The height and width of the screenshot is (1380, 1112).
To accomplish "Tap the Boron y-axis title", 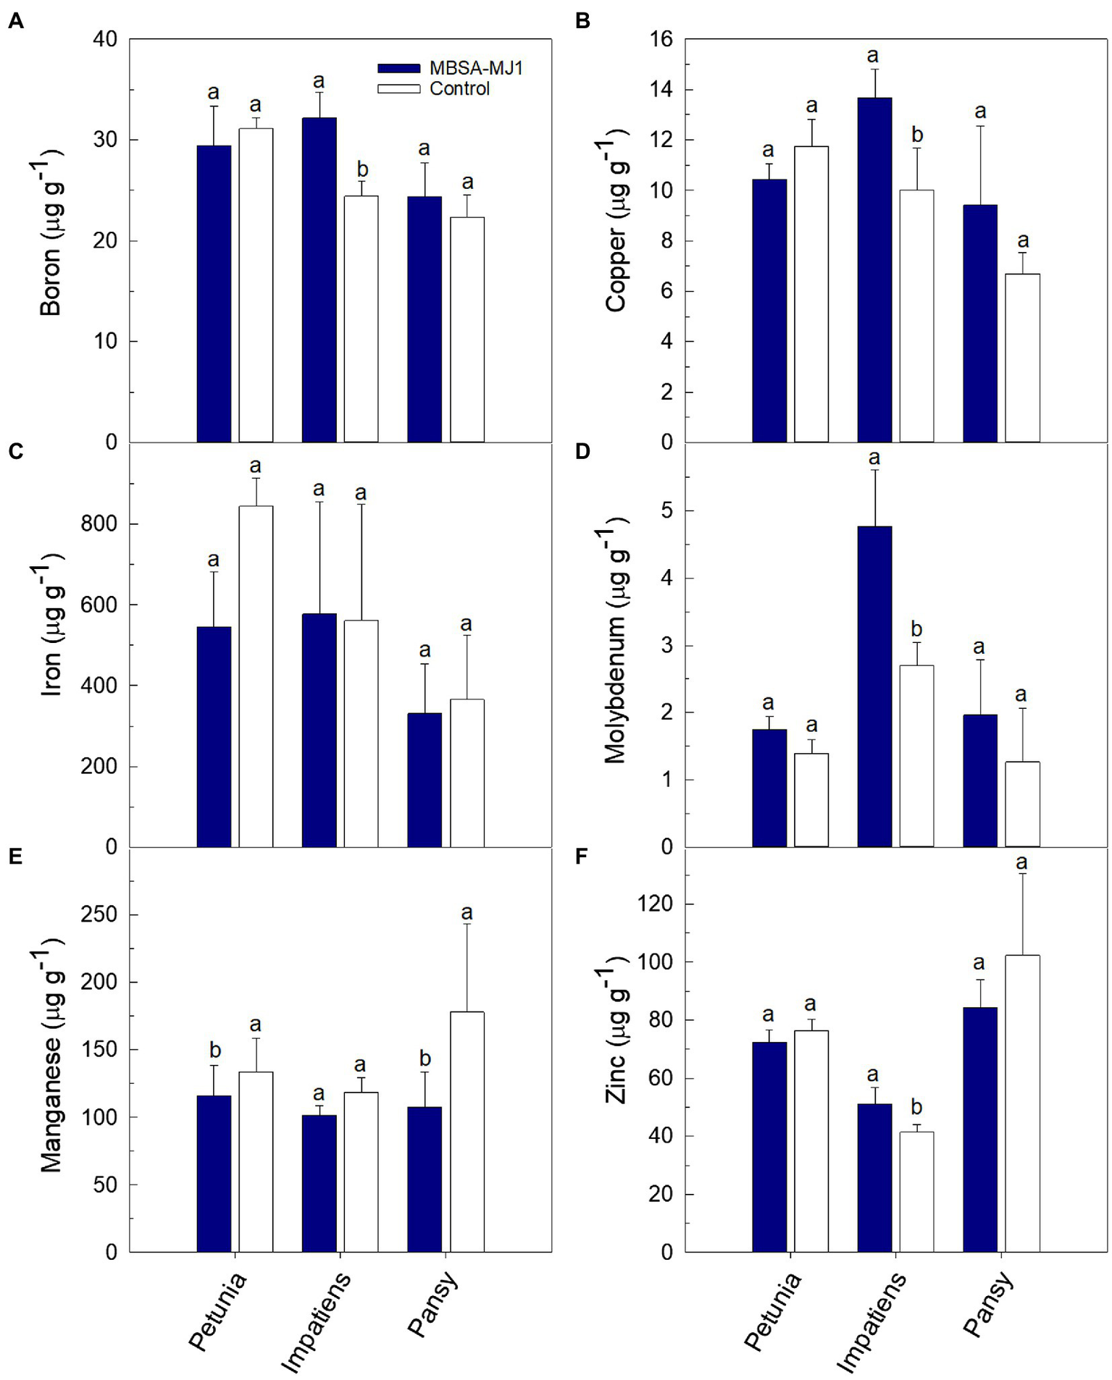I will [51, 240].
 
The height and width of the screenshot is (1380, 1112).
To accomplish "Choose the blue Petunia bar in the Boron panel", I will [214, 293].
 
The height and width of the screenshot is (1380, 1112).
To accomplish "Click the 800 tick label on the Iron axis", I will [99, 523].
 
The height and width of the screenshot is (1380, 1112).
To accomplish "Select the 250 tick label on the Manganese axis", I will [99, 914].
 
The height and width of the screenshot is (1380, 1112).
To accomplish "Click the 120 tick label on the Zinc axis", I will [655, 904].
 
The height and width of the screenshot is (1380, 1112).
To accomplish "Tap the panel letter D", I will [582, 451].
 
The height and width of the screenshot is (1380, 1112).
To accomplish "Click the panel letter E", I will [15, 857].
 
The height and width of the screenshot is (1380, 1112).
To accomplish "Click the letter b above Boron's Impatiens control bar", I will [362, 169].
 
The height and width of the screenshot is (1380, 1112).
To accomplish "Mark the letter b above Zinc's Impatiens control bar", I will [916, 1106].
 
